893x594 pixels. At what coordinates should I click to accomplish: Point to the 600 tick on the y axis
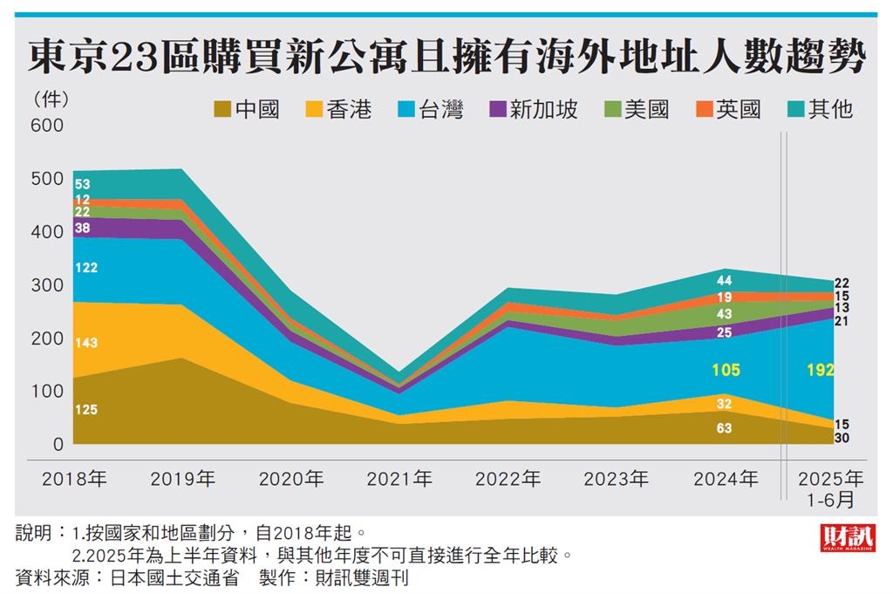pos(47,126)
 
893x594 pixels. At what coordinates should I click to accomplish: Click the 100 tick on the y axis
pos(47,392)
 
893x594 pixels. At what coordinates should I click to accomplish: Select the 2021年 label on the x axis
pos(399,479)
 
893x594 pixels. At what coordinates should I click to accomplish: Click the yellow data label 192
pos(821,370)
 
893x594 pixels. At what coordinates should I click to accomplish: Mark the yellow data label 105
pos(726,371)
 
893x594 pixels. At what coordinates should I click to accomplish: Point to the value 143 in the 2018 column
pos(86,343)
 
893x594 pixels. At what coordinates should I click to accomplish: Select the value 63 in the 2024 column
pos(725,428)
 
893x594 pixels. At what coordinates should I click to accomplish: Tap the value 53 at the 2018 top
pos(83,184)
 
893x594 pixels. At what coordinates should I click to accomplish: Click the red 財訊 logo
pos(847,537)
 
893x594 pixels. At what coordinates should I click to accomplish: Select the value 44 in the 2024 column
pos(725,281)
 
